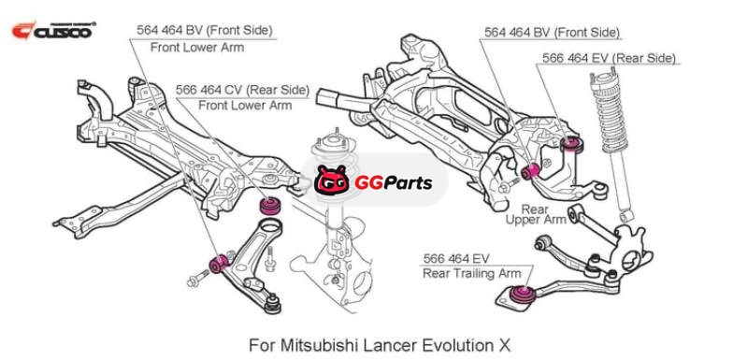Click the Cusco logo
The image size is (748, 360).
pos(53,31)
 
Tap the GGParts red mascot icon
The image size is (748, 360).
pos(332,180)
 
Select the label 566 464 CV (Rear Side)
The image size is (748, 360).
pos(242,90)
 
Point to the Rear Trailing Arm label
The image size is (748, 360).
pos(471,273)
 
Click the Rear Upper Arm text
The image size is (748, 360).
pos(536,214)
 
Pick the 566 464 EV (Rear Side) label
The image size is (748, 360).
pos(609,58)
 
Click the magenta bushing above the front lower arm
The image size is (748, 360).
pos(269,206)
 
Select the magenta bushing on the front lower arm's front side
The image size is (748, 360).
pos(218,264)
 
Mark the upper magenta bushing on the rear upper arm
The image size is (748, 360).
pos(571,143)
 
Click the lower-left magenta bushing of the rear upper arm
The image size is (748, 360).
pos(530,171)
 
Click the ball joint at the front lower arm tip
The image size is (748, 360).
pos(273,303)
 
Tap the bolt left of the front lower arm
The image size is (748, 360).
pos(198,278)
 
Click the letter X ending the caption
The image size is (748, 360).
pos(504,344)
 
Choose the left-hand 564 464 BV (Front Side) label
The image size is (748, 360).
pos(204,30)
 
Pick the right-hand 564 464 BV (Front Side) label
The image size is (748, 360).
pos(552,33)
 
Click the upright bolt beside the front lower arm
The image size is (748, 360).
pos(269,257)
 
